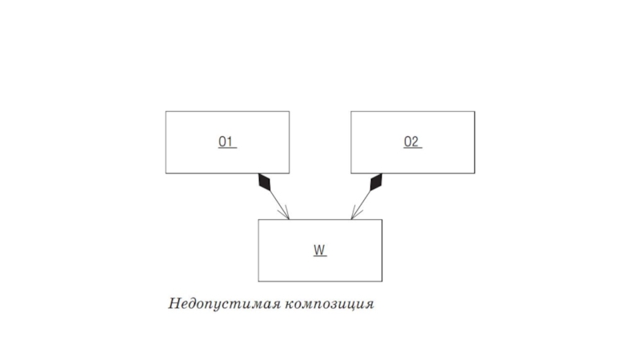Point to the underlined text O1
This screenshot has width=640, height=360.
point(226,142)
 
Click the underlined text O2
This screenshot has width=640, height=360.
point(411,142)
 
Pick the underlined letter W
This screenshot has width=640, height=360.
point(319,250)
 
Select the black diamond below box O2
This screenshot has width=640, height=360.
point(375,183)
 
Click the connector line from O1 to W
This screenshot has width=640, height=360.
point(278,202)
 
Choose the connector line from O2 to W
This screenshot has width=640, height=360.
point(363,202)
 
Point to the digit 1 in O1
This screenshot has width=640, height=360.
point(230,142)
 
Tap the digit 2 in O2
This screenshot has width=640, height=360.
point(415,142)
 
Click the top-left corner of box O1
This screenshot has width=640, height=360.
point(166,112)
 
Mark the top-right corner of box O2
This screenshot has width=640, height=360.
point(474,112)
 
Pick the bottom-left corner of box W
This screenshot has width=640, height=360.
point(258,282)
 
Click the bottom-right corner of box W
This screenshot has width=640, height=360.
point(382,282)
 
